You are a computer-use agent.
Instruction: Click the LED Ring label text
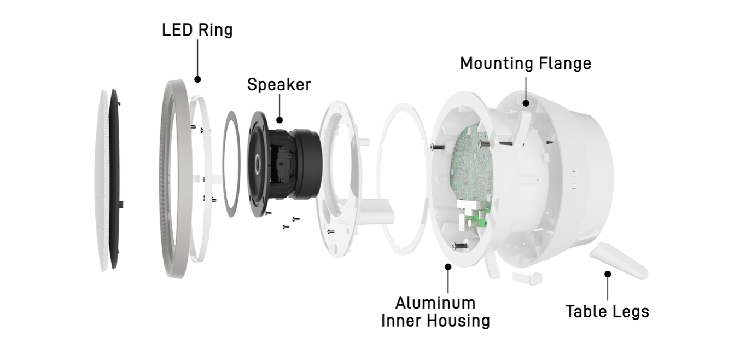(x=197, y=30)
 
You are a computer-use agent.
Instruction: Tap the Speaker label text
(x=279, y=85)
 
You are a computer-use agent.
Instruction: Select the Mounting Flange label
(x=525, y=63)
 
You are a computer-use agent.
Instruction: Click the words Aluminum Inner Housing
(x=435, y=311)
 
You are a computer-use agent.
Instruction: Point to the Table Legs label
(x=607, y=311)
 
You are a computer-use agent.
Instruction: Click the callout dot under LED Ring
(x=197, y=79)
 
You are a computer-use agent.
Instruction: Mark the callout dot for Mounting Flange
(x=526, y=102)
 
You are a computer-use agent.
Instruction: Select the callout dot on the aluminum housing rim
(x=448, y=266)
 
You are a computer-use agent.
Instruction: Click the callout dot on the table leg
(x=607, y=274)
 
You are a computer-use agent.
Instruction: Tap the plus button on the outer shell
(x=574, y=171)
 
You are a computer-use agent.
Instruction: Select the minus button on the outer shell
(x=574, y=189)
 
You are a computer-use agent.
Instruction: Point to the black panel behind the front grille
(x=115, y=181)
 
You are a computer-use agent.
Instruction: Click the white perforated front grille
(x=102, y=181)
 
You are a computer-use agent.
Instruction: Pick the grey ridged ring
(x=174, y=181)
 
